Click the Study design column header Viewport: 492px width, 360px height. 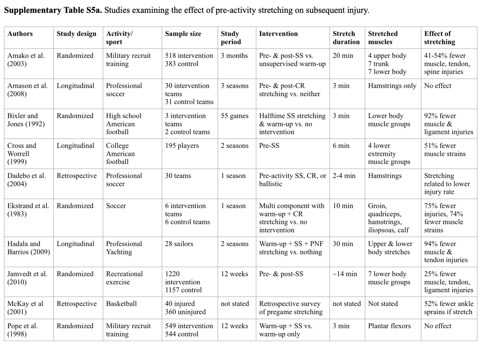pyautogui.click(x=76, y=33)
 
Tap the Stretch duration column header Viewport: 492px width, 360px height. pyautogui.click(x=346, y=38)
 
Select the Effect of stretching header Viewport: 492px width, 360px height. pyautogui.click(x=440, y=38)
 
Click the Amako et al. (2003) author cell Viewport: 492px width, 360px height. pyautogui.click(x=26, y=59)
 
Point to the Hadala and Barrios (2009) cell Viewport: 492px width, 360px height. pyautogui.click(x=29, y=248)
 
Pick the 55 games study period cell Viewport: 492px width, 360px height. pyautogui.click(x=235, y=116)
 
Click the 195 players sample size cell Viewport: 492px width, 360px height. pyautogui.click(x=182, y=145)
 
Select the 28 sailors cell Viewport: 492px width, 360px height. pyautogui.click(x=179, y=244)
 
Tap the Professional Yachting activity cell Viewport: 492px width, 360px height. pyautogui.click(x=124, y=248)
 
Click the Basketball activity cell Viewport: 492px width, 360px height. pyautogui.click(x=121, y=304)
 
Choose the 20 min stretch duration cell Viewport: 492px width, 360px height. pyautogui.click(x=343, y=55)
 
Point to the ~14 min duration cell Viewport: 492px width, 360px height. pyautogui.click(x=345, y=274)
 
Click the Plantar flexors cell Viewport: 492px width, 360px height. pyautogui.click(x=389, y=326)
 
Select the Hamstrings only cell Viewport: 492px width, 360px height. pyautogui.click(x=392, y=86)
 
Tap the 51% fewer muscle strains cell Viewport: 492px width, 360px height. pyautogui.click(x=445, y=149)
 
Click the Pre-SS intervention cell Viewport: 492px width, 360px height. pyautogui.click(x=269, y=145)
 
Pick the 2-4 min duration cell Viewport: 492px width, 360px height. pyautogui.click(x=344, y=176)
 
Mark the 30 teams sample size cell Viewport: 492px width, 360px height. pyautogui.click(x=178, y=176)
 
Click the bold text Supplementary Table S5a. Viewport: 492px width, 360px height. pyautogui.click(x=53, y=10)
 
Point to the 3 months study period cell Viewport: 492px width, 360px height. pyautogui.click(x=234, y=55)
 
